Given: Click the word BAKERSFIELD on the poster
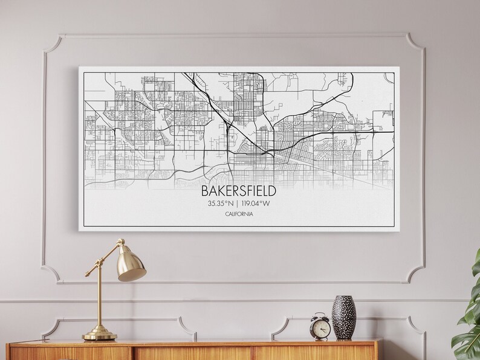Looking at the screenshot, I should coord(238,191).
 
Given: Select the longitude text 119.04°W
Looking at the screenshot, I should coord(256,204).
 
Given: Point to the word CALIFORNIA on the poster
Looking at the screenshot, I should coord(238,215).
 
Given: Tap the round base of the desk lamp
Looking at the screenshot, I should coord(100,333).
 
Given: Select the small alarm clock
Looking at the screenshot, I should coord(320,326).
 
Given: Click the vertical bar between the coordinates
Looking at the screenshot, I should coord(237,204).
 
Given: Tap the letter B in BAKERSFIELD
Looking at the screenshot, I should coord(204,191).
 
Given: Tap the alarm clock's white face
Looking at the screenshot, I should coord(321,329).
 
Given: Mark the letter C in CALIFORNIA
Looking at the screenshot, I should coord(226,215).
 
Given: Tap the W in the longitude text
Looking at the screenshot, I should coord(267,204).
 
